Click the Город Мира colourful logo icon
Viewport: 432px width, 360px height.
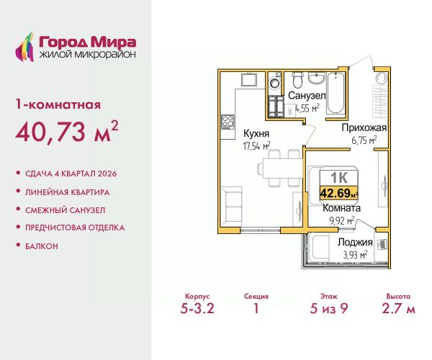[x=24, y=47]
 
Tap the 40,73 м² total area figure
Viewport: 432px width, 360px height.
[x=67, y=131]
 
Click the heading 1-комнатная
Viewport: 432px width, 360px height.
[x=58, y=104]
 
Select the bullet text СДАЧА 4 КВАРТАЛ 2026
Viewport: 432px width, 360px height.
[x=71, y=174]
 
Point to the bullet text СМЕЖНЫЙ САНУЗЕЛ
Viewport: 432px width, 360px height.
[x=66, y=210]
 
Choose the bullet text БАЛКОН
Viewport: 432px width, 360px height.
[x=42, y=246]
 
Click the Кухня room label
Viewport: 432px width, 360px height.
[x=256, y=134]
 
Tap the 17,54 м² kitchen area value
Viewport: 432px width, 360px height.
[x=256, y=145]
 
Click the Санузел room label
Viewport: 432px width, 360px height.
[x=307, y=96]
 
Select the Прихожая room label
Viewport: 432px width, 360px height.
[x=364, y=128]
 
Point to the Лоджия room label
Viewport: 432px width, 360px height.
[x=355, y=242]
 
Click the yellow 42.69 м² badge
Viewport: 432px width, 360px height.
[x=338, y=193]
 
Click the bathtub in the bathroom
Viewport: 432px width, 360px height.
[x=336, y=93]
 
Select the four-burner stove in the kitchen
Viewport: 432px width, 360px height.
[x=228, y=122]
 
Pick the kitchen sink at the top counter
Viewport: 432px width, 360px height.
[x=249, y=80]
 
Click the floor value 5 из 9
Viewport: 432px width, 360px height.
[x=329, y=308]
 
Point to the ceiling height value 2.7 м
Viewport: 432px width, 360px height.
[x=398, y=308]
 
